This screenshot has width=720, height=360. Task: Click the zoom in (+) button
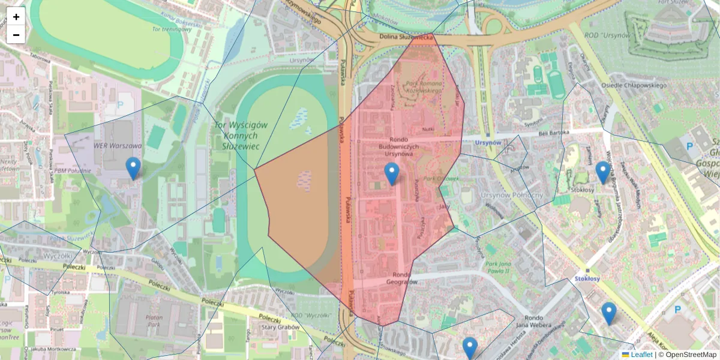pos(16,17)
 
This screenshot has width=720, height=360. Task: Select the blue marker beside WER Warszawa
pos(133,169)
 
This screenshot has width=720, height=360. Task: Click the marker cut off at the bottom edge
pos(470,348)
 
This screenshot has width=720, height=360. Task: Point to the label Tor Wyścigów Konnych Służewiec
pos(240,136)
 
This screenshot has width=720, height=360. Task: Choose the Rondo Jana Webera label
pos(542,322)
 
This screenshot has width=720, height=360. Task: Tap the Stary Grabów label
pos(281,328)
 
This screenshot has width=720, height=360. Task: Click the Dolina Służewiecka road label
pos(406,37)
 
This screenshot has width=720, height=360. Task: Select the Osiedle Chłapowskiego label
pos(638,85)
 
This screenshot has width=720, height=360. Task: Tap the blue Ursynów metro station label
pos(488,143)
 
